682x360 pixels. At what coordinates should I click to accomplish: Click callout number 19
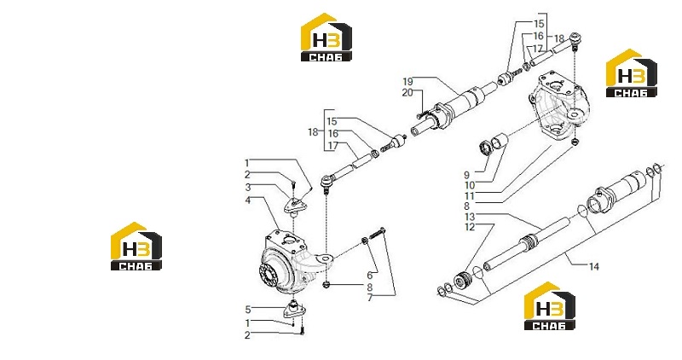click(x=407, y=81)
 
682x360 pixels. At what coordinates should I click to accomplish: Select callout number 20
click(x=407, y=92)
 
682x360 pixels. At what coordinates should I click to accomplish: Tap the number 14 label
click(x=593, y=266)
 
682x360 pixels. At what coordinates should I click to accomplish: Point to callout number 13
click(x=470, y=217)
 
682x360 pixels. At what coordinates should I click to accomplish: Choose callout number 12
click(x=470, y=227)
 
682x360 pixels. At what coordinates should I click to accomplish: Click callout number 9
click(x=466, y=175)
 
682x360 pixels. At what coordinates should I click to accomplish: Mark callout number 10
click(x=470, y=185)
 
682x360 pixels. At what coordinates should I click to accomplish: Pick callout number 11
click(x=470, y=196)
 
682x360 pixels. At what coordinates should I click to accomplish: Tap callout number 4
click(x=248, y=200)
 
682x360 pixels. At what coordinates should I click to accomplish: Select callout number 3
click(x=248, y=187)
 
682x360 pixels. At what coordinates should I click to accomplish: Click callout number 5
click(x=248, y=310)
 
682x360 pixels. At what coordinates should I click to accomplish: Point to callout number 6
click(x=370, y=275)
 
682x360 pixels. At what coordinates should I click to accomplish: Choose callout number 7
click(x=370, y=299)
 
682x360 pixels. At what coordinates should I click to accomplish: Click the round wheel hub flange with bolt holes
click(x=269, y=276)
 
